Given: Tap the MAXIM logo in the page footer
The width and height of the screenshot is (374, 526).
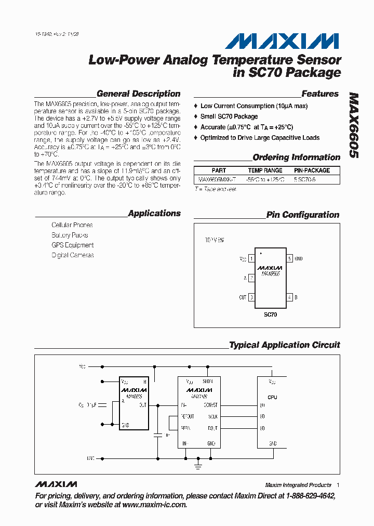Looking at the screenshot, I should pos(56,484).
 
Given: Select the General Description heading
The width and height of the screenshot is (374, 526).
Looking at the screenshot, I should pos(138,94).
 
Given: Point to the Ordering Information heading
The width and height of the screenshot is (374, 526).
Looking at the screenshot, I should pos(296,157).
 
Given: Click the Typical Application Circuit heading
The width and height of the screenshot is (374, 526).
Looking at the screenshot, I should pos(284,345).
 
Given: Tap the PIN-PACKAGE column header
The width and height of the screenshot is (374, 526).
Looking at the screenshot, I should pos(312,170).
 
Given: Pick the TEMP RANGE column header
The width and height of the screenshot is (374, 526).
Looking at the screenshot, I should pos(265,170).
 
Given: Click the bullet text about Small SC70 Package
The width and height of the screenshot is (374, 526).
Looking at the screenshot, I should pos(229,116).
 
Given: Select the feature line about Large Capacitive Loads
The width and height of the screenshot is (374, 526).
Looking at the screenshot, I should pos(260,138).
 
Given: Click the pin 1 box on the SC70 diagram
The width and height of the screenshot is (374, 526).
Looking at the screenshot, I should pos(251,258).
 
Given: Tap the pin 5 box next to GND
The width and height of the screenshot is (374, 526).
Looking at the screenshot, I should pos(289,258).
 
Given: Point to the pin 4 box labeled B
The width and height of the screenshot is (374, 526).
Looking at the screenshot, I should pos(289,297).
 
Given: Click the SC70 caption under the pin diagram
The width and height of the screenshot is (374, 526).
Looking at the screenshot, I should pos(270,315).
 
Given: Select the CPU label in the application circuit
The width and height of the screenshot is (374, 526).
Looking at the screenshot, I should pos(272,397).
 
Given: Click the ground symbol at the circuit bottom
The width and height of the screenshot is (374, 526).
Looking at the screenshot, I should pos(198,466).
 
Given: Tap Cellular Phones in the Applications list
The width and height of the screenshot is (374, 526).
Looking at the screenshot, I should pos(72,225).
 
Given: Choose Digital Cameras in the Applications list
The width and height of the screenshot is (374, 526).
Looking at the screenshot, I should pos(73,255).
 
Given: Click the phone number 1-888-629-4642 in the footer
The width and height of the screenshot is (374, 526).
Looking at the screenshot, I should pos(311,496).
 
